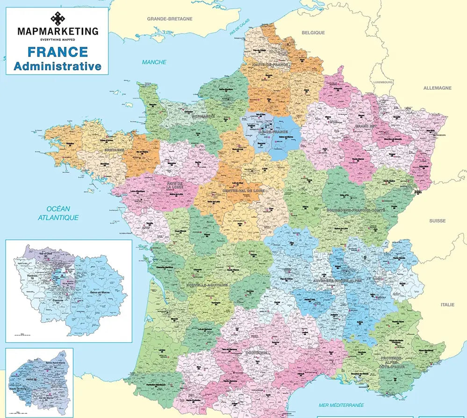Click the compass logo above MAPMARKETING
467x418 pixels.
coord(57,19)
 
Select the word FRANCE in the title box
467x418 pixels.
coord(57,52)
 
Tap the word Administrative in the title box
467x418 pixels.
coord(57,66)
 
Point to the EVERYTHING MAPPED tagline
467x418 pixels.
coord(57,40)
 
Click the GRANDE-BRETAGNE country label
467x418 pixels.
coord(170,19)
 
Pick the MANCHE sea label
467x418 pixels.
coord(154,62)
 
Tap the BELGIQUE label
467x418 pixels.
coord(313,33)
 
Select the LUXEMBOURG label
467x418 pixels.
coord(383,82)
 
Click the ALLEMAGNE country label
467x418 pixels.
coord(437,88)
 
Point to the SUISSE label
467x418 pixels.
coord(438,220)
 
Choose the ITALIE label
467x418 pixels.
coord(447,305)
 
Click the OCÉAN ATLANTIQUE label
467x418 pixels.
coord(58,213)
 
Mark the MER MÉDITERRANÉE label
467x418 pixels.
coord(341,405)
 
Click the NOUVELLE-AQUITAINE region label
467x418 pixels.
coord(206,284)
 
